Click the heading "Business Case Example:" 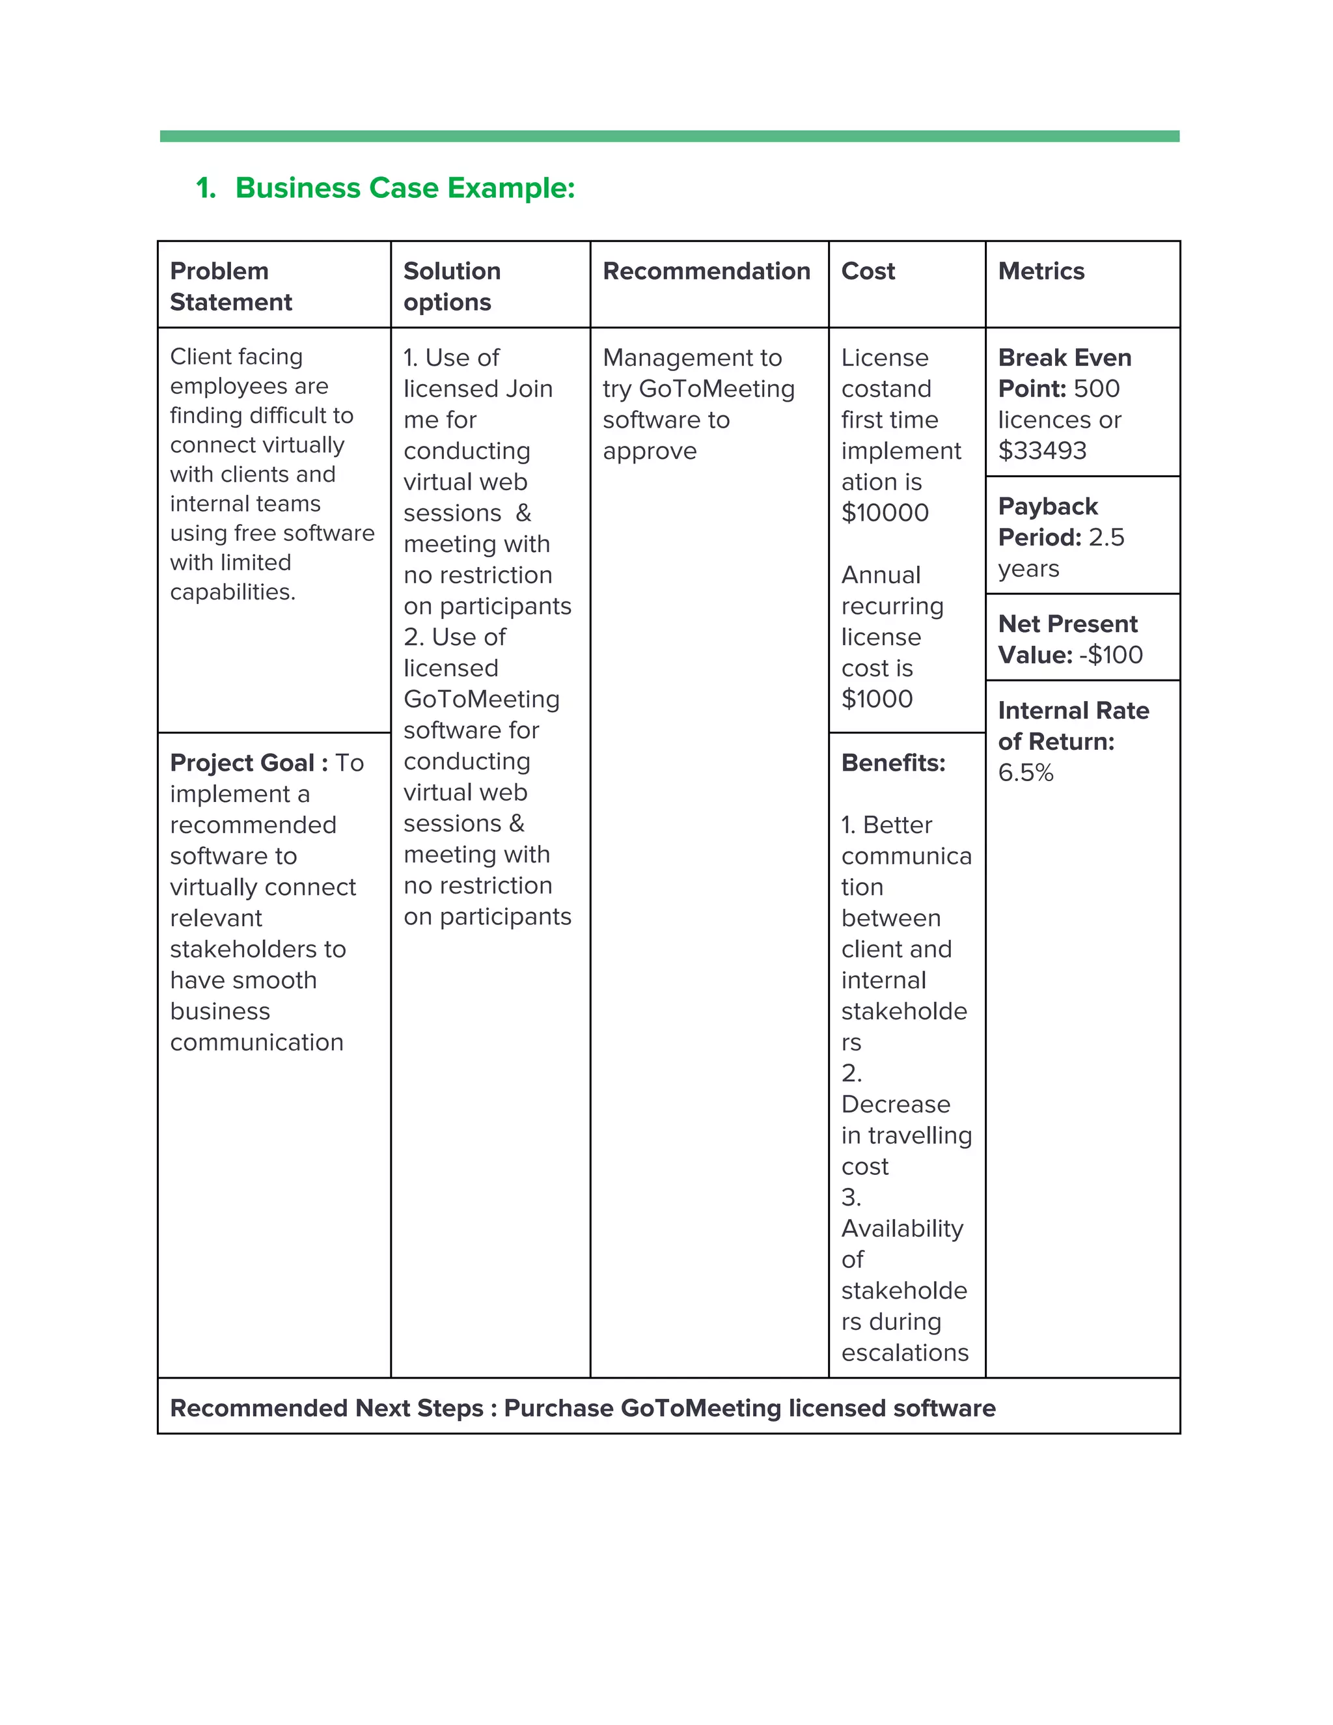404,188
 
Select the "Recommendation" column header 706,271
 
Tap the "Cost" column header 868,271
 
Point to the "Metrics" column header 1041,271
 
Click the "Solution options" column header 452,286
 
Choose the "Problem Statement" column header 230,286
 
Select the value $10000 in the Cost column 885,512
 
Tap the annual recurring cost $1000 877,699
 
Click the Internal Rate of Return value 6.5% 1025,773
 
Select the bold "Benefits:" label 893,763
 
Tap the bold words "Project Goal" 241,763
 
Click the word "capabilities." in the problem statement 233,592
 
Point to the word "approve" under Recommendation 649,451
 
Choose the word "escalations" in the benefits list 904,1353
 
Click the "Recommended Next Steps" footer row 583,1408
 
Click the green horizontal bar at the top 669,137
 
